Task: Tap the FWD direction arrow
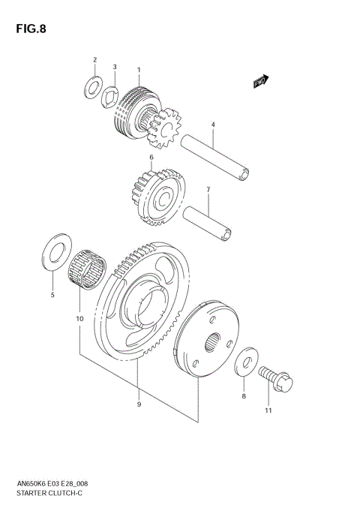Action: [260, 80]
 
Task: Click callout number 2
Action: [94, 59]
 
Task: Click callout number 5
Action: [52, 296]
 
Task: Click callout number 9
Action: [138, 405]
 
